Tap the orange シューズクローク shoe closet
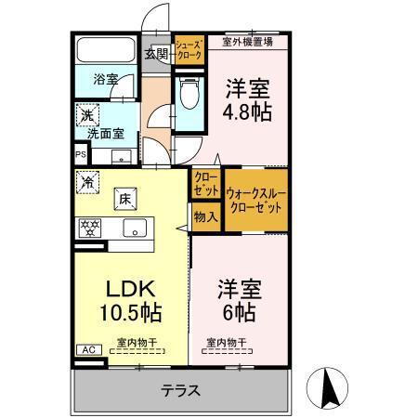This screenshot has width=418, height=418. pyautogui.click(x=189, y=50)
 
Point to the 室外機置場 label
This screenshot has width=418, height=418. pyautogui.click(x=247, y=41)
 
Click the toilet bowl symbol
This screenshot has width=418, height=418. pyautogui.click(x=189, y=93)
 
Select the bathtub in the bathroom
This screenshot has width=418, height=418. pyautogui.click(x=104, y=51)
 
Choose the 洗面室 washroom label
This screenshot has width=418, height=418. pyautogui.click(x=105, y=133)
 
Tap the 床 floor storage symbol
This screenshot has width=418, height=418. pyautogui.click(x=124, y=198)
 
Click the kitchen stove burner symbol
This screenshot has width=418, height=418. pyautogui.click(x=91, y=228)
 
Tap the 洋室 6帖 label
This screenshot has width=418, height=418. pyautogui.click(x=238, y=297)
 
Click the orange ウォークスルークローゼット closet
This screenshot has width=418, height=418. pyautogui.click(x=255, y=199)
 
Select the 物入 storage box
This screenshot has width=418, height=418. pyautogui.click(x=205, y=217)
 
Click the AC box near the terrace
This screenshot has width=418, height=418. pyautogui.click(x=89, y=349)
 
